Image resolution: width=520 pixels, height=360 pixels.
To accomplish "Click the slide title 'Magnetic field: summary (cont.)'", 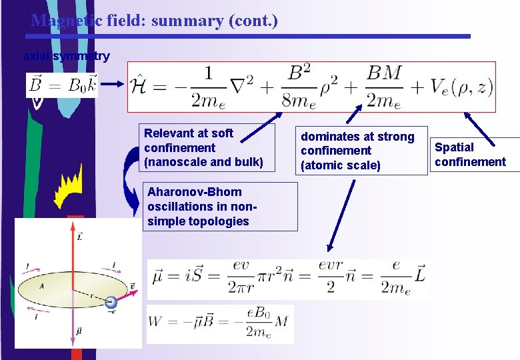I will coord(154,21).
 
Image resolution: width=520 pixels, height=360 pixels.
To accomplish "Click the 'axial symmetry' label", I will coord(66,57).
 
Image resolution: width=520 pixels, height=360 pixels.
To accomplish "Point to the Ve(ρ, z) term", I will coord(457,87).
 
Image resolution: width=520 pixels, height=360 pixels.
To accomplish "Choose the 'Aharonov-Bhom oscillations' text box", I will coord(220,207).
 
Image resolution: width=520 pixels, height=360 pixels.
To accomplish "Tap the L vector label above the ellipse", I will coord(80,237).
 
